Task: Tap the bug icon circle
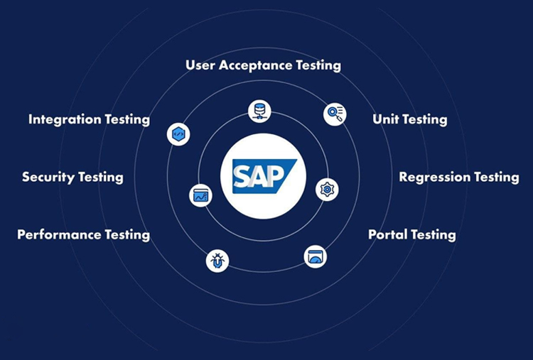click(x=217, y=261)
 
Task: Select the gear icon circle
click(x=327, y=189)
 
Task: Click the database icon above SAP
click(x=259, y=110)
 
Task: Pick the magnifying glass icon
click(x=335, y=114)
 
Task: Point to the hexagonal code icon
click(x=178, y=134)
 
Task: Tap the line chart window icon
click(x=201, y=195)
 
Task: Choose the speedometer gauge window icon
click(x=316, y=256)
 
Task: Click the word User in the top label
click(x=200, y=65)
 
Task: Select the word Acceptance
click(x=258, y=65)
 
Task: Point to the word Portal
click(x=387, y=234)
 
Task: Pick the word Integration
click(x=64, y=119)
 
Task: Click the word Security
click(x=48, y=177)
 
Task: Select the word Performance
click(x=59, y=234)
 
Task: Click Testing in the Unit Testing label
click(x=426, y=120)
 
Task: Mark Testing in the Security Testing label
click(x=100, y=178)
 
